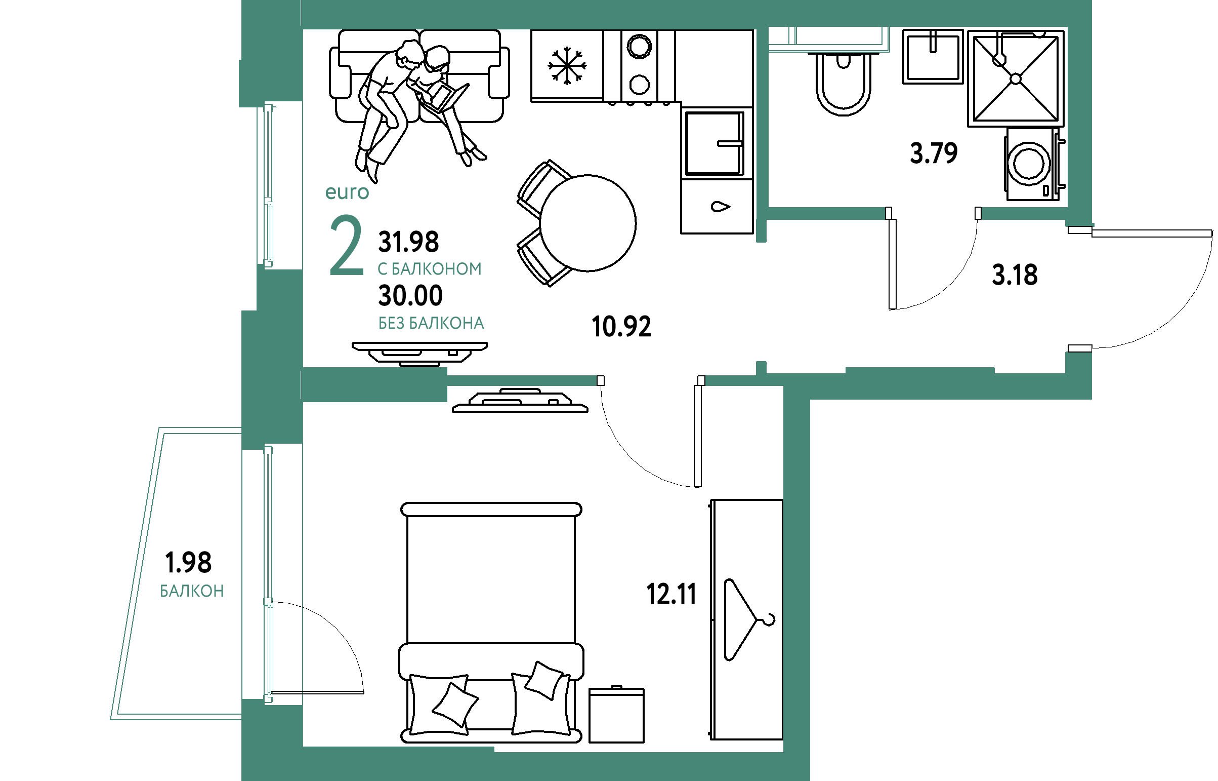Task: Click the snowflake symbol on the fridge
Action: [x=567, y=66]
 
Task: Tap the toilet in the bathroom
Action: [x=844, y=84]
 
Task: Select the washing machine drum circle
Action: [x=1029, y=164]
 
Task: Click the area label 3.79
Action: [x=934, y=153]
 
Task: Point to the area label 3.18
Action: [x=1015, y=276]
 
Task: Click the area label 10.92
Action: [x=621, y=327]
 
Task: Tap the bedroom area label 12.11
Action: [x=671, y=594]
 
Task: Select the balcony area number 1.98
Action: [x=188, y=562]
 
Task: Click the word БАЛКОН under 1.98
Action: [x=191, y=591]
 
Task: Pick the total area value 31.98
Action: [x=408, y=242]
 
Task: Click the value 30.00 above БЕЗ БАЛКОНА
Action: [x=410, y=296]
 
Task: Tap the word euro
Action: [x=347, y=192]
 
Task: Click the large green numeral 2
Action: [x=347, y=246]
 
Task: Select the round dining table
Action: [x=587, y=223]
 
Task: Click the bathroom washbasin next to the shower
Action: [x=933, y=56]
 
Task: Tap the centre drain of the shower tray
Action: [x=1016, y=79]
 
